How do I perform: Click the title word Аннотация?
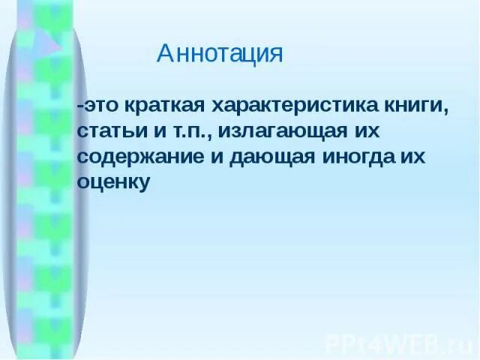[220, 54]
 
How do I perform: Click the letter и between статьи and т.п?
[151, 131]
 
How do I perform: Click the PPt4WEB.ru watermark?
[400, 343]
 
